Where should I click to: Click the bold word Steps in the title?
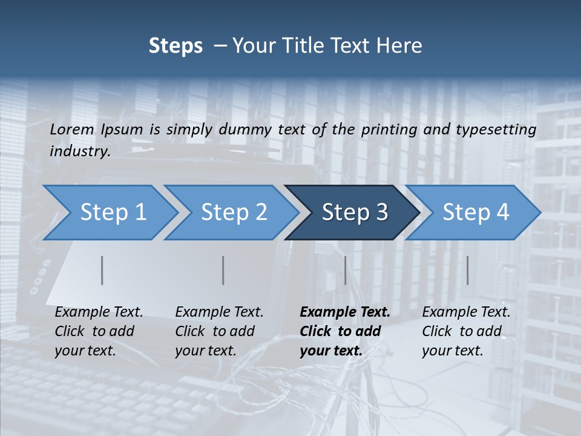point(176,46)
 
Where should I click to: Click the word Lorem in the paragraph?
point(72,129)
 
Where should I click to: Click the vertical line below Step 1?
point(102,270)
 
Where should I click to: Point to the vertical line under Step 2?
point(223,270)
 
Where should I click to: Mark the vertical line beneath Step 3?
point(345,270)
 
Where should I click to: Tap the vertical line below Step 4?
point(467,270)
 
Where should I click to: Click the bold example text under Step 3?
point(344,331)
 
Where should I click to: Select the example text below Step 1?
point(99,331)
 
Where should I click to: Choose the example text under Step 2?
point(219,331)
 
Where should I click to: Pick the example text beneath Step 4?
point(466,331)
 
